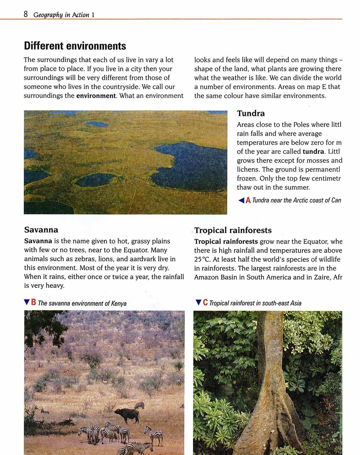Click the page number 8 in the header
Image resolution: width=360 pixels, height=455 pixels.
click(26, 14)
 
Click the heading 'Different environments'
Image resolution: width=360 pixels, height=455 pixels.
click(75, 46)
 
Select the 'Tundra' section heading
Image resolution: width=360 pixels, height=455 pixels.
click(251, 113)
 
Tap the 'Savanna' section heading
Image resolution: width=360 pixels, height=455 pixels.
click(41, 230)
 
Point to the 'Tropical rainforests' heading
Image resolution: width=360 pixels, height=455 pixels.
click(233, 230)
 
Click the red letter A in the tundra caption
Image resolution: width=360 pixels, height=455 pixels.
click(248, 200)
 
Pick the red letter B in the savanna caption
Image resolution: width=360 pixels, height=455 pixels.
click(33, 303)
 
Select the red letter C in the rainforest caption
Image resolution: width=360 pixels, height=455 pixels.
click(205, 303)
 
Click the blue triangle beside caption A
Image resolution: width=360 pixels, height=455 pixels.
click(241, 200)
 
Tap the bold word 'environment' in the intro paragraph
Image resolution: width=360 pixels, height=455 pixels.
click(96, 96)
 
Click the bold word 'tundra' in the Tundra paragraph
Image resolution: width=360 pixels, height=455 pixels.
click(313, 152)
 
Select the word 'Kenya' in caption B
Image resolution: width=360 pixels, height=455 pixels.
click(119, 303)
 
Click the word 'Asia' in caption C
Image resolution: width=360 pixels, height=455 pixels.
click(296, 303)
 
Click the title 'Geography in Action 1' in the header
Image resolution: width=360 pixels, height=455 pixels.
click(64, 15)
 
